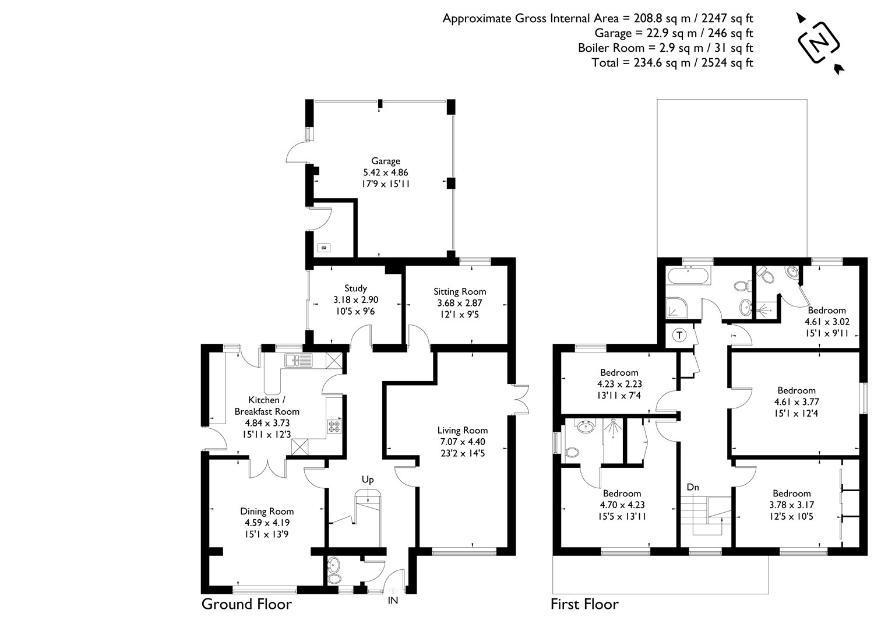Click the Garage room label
[x=386, y=161]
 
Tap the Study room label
[x=355, y=288]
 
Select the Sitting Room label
[x=460, y=291]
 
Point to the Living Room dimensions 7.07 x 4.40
[x=462, y=442]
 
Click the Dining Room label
[x=267, y=512]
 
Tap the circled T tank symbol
[x=679, y=335]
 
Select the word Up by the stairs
[x=368, y=480]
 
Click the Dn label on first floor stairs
[x=692, y=487]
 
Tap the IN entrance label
[x=393, y=600]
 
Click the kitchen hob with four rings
[x=334, y=426]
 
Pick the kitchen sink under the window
[x=298, y=361]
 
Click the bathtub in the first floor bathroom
[x=688, y=276]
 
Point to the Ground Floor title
[x=246, y=604]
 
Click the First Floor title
[x=584, y=604]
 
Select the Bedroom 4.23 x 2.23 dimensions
[x=619, y=384]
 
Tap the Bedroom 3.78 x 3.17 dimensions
[x=792, y=505]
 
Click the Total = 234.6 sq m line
[x=672, y=63]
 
